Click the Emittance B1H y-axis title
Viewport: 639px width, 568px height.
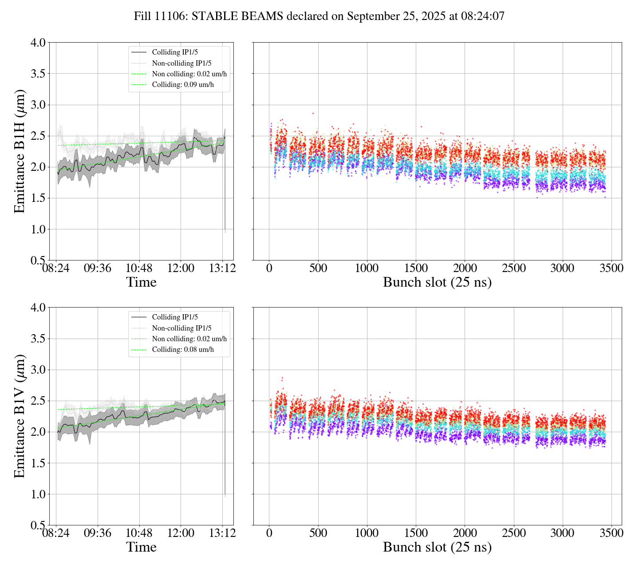point(20,151)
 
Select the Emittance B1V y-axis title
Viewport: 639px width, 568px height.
point(20,416)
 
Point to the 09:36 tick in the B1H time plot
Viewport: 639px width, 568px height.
point(98,268)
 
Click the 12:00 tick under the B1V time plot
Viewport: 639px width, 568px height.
point(181,533)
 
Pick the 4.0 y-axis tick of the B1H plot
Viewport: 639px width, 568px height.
point(38,43)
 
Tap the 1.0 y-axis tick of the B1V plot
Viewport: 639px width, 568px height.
point(38,494)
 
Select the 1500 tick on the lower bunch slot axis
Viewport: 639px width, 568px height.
point(416,533)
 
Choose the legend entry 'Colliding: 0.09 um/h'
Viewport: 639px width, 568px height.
point(183,85)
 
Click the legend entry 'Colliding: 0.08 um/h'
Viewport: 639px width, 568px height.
point(183,350)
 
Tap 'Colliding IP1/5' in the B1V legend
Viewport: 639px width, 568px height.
point(175,317)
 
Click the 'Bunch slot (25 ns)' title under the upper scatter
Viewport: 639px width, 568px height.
point(437,282)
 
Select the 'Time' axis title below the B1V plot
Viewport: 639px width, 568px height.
point(141,547)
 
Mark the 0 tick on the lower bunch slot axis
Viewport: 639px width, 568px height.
point(269,533)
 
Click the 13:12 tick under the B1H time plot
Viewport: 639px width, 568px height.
point(222,268)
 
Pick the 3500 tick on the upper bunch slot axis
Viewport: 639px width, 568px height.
point(611,268)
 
